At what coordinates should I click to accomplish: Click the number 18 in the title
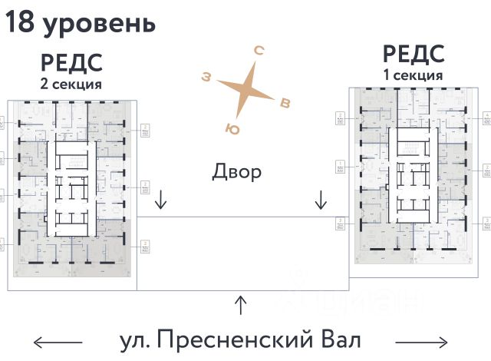pyautogui.click(x=20, y=23)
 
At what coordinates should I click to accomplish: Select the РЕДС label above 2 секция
pyautogui.click(x=71, y=63)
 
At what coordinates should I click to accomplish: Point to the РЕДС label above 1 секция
pyautogui.click(x=414, y=55)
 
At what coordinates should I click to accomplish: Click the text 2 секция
pyautogui.click(x=71, y=84)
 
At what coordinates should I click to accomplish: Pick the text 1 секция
pyautogui.click(x=414, y=75)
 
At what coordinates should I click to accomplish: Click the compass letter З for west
pyautogui.click(x=206, y=76)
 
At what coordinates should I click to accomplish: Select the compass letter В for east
pyautogui.click(x=285, y=102)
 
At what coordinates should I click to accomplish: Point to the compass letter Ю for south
pyautogui.click(x=232, y=128)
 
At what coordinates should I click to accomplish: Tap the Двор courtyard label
pyautogui.click(x=236, y=171)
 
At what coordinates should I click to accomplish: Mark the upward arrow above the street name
pyautogui.click(x=241, y=305)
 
